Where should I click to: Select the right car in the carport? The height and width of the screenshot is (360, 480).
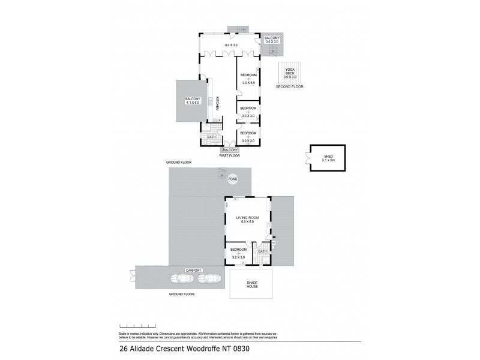pyautogui.click(x=208, y=278)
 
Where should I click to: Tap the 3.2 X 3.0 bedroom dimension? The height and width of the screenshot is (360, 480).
pyautogui.click(x=239, y=257)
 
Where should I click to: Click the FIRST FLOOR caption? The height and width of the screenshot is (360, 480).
pyautogui.click(x=230, y=154)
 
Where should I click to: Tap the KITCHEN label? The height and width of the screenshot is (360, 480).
pyautogui.click(x=218, y=104)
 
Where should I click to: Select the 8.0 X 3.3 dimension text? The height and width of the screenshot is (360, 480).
pyautogui.click(x=231, y=46)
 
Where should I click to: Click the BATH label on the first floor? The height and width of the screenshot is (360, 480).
pyautogui.click(x=211, y=137)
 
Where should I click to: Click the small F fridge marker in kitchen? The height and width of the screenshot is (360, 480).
pyautogui.click(x=220, y=121)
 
